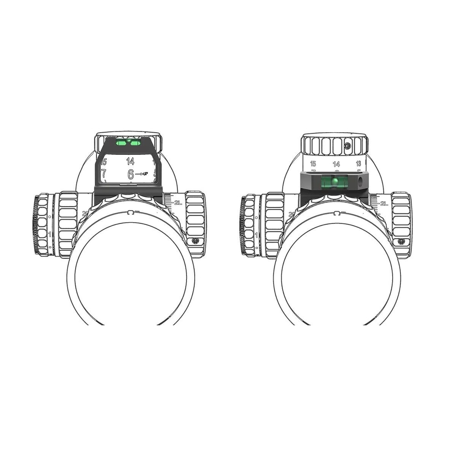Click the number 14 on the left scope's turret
pos(130,161)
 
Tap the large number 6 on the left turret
pos(131,174)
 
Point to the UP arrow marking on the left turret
pos(143,174)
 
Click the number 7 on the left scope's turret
pos(104,173)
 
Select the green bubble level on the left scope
pos(128,143)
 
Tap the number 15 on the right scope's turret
pos(313,163)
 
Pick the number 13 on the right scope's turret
pos(358,163)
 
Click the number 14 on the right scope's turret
pos(336,164)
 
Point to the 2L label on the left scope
pos(178,203)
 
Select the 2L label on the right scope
pos(384,203)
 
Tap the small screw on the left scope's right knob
pos(195,240)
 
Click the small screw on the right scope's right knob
pos(401,241)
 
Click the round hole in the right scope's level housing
pos(360,181)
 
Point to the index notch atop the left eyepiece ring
pos(130,212)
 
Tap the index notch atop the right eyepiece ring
pos(337,213)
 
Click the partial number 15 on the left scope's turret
pos(104,161)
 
